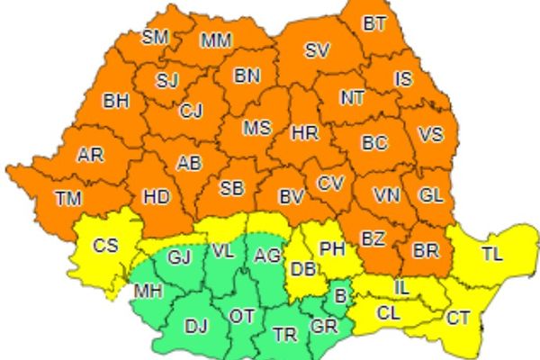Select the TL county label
click(491, 255)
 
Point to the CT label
click(458, 318)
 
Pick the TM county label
click(68, 197)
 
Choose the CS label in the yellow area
click(106, 245)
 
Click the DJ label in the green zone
click(196, 326)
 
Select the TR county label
click(284, 335)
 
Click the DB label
click(301, 267)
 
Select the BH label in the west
click(116, 102)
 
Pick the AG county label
click(267, 256)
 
